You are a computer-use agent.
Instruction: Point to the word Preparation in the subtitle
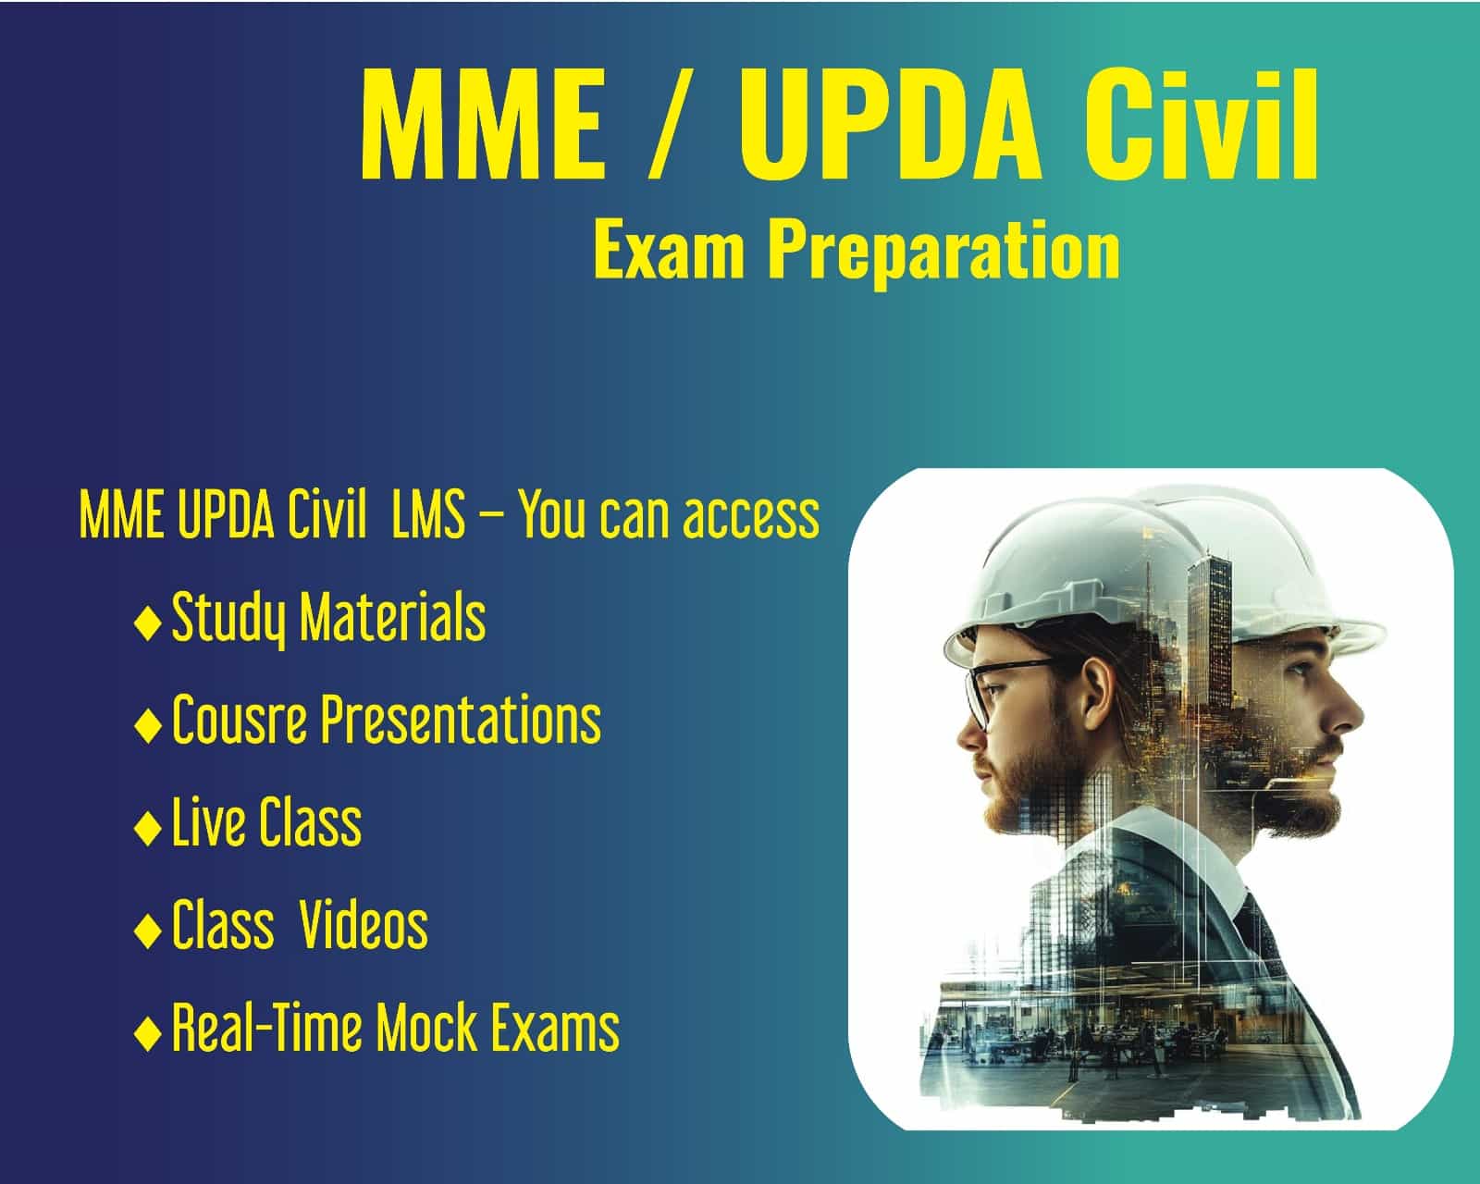(x=943, y=252)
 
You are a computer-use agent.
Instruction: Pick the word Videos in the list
(x=364, y=925)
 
